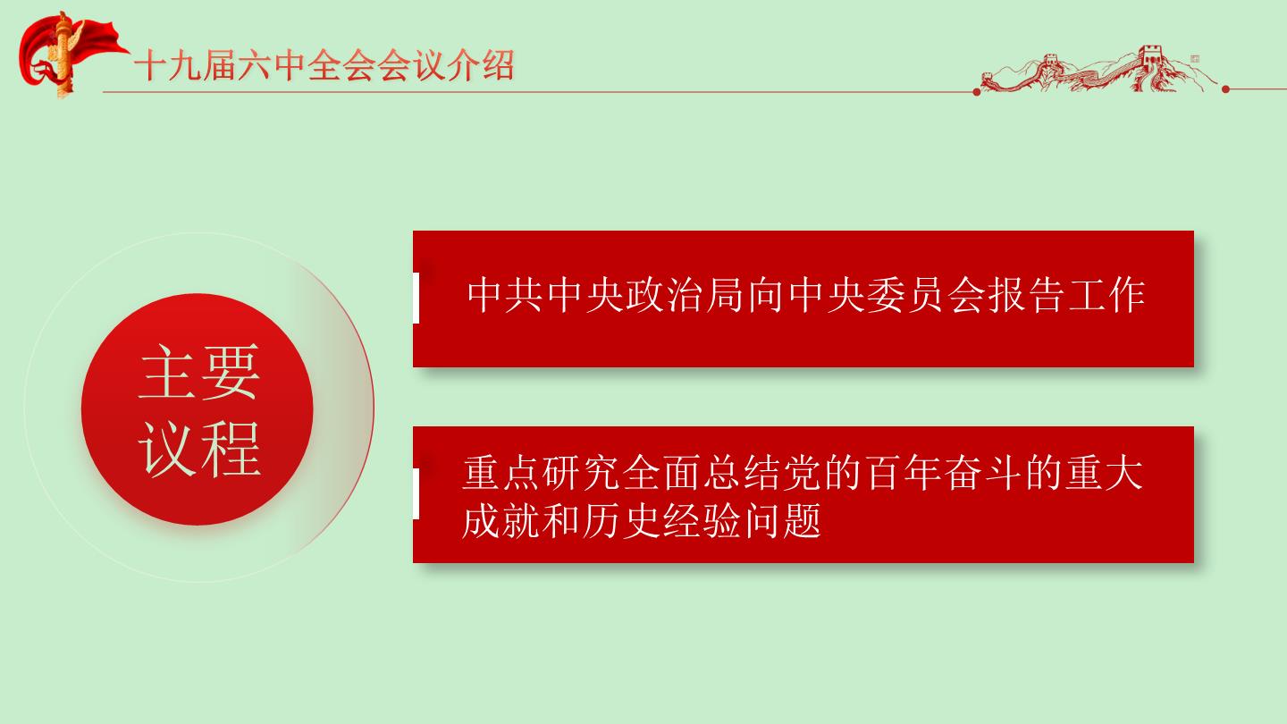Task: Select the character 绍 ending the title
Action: tap(498, 65)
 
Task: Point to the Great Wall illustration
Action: tap(1098, 69)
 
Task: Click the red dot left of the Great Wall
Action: tap(977, 92)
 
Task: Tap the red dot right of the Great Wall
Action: tap(1225, 89)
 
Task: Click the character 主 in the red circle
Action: tap(167, 372)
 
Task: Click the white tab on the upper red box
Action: tap(416, 298)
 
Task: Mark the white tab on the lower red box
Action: tap(416, 493)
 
